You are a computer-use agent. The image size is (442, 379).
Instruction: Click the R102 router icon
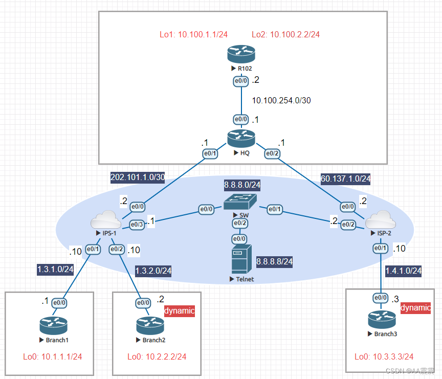tap(240, 53)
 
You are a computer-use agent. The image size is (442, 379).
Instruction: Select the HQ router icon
tap(240, 139)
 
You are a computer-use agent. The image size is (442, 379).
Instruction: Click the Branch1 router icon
tap(53, 326)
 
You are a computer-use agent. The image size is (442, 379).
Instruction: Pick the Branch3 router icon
tap(382, 320)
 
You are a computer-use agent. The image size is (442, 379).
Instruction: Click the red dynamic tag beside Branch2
tap(179, 310)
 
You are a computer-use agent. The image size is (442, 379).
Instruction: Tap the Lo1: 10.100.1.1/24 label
tap(193, 35)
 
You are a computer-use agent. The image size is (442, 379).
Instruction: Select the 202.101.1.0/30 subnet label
tap(137, 177)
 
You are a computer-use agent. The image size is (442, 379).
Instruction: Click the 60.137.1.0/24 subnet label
tap(345, 179)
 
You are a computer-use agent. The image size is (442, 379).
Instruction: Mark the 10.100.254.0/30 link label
tap(281, 100)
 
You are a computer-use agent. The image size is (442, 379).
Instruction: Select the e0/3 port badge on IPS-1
tap(137, 224)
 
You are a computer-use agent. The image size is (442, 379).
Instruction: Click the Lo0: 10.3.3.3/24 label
tap(384, 356)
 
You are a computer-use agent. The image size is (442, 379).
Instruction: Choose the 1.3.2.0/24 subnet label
tap(153, 271)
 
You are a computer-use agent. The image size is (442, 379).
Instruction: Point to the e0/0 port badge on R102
tap(240, 80)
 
